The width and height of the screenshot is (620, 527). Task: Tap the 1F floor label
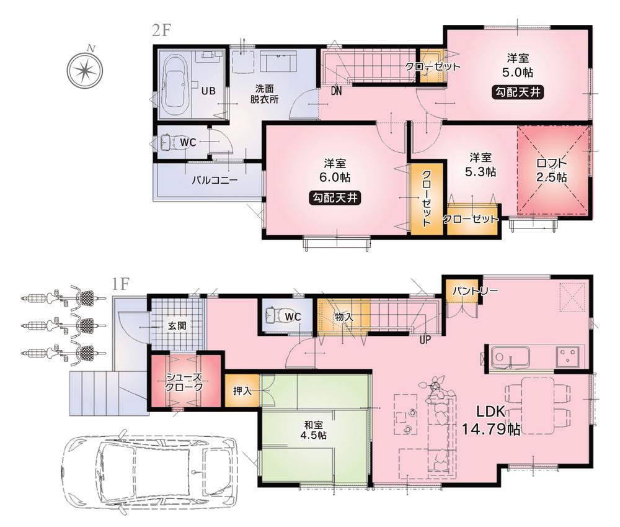pyautogui.click(x=120, y=284)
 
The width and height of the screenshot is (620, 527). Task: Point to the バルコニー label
pyautogui.click(x=214, y=181)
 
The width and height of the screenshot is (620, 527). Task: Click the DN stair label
pyautogui.click(x=337, y=91)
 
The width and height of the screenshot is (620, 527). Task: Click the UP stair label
pyautogui.click(x=425, y=340)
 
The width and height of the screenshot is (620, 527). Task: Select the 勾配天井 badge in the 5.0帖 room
pyautogui.click(x=517, y=92)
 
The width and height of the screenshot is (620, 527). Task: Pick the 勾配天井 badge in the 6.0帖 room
pyautogui.click(x=334, y=198)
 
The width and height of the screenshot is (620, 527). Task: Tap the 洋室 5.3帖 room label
pyautogui.click(x=481, y=163)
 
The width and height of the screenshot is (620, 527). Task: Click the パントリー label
pyautogui.click(x=474, y=291)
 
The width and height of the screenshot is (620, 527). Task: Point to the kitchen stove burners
pyautogui.click(x=569, y=356)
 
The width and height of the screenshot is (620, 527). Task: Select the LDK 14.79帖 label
pyautogui.click(x=490, y=420)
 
